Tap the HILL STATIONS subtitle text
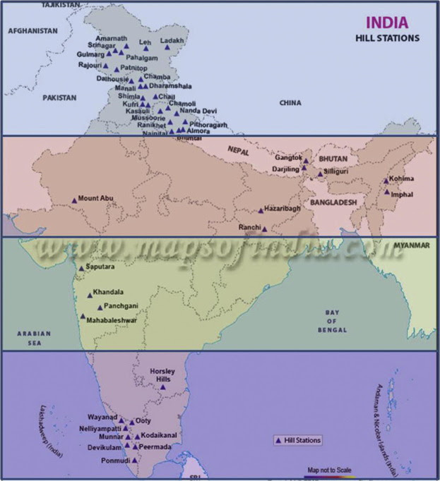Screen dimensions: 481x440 click(x=387, y=37)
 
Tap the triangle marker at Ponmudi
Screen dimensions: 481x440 click(x=134, y=460)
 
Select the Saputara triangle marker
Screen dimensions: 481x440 click(x=81, y=267)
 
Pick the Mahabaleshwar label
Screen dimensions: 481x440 click(x=112, y=319)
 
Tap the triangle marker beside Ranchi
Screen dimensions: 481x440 click(x=264, y=229)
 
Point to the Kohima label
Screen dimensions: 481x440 click(x=402, y=179)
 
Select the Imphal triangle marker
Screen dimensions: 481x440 click(x=386, y=191)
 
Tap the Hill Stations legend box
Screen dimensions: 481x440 click(x=297, y=440)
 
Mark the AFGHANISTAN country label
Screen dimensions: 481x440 click(x=32, y=31)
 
